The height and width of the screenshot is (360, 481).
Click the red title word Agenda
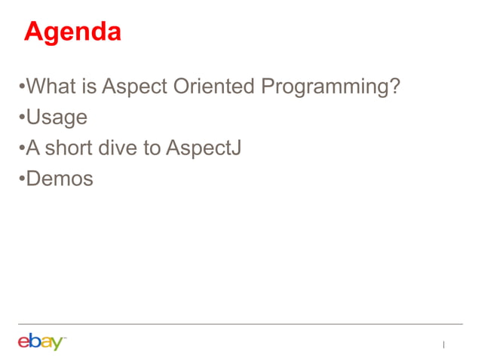pyautogui.click(x=72, y=32)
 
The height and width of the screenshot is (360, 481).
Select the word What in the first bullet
pyautogui.click(x=52, y=87)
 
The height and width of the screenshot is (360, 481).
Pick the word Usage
pyautogui.click(x=57, y=118)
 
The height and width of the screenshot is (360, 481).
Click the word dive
pyautogui.click(x=121, y=148)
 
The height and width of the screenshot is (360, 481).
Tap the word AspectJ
pyautogui.click(x=204, y=149)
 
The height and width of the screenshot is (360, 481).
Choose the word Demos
pyautogui.click(x=60, y=179)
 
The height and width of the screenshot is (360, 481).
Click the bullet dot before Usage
pyautogui.click(x=22, y=118)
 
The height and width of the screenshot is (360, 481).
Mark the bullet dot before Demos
pyautogui.click(x=22, y=180)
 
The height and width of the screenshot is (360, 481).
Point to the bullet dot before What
pyautogui.click(x=22, y=87)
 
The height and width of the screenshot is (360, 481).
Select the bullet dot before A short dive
pyautogui.click(x=22, y=149)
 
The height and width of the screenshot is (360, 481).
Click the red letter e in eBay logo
pyautogui.click(x=24, y=343)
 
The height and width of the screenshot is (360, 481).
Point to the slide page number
pyautogui.click(x=444, y=345)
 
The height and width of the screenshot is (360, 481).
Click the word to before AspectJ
pyautogui.click(x=153, y=148)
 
